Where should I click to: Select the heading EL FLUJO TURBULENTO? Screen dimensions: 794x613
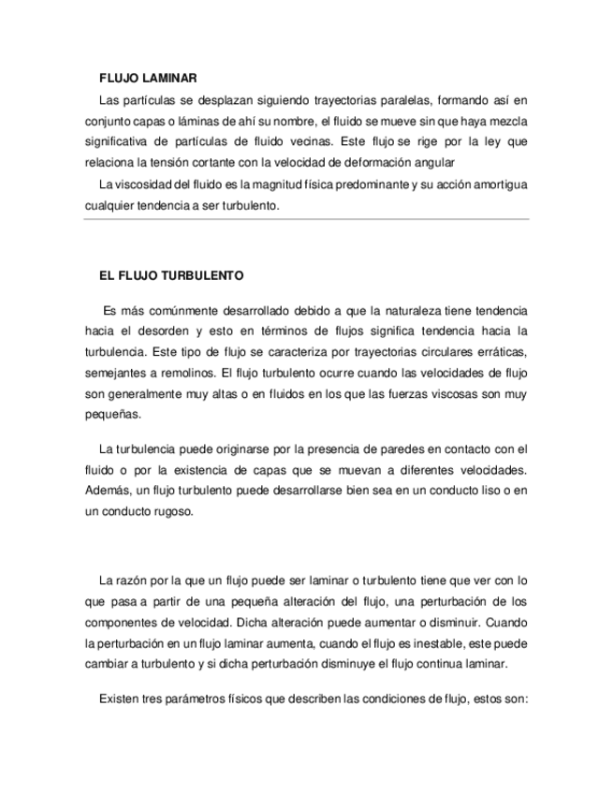pyautogui.click(x=171, y=277)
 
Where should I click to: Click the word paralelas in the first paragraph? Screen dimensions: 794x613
pyautogui.click(x=397, y=99)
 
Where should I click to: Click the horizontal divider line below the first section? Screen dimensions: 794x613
pyautogui.click(x=306, y=221)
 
